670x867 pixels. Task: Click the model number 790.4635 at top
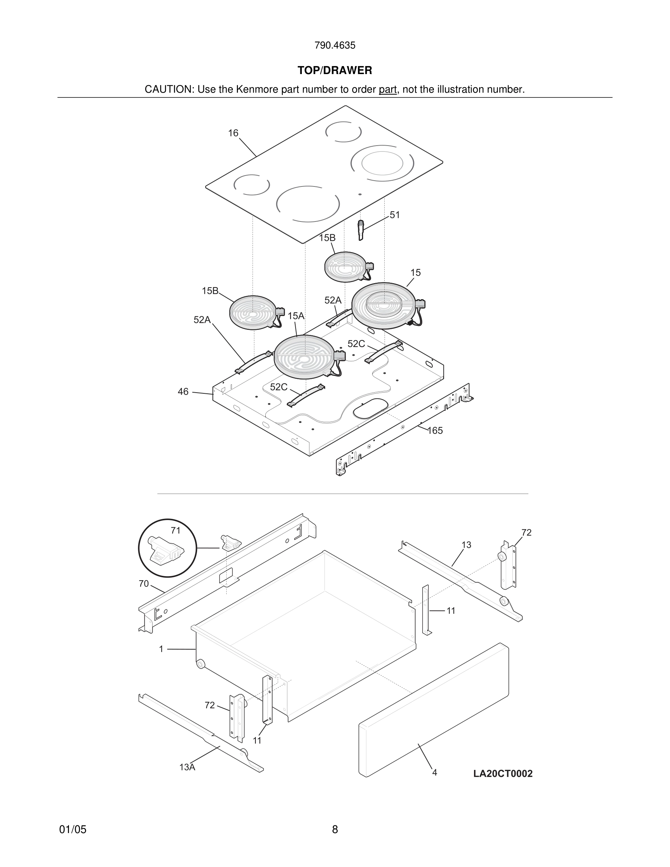tap(335, 46)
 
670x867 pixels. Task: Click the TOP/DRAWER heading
tap(335, 71)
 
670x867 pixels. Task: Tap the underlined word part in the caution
tap(388, 90)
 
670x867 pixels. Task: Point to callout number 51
tap(394, 215)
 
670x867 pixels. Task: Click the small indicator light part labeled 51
tap(361, 230)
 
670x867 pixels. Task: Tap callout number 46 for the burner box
tap(183, 392)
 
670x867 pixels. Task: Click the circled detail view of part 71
tap(167, 548)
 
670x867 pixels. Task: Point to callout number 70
tap(144, 583)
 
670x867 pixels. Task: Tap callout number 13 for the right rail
tap(466, 545)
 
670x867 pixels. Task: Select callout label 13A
tap(187, 767)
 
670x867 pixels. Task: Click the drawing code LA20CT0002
tap(502, 773)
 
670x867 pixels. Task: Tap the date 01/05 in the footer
tap(73, 829)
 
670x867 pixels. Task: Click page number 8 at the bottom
tap(335, 829)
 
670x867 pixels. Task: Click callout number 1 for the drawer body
tap(161, 649)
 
